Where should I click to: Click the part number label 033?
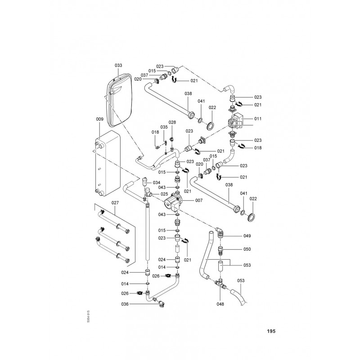click(118, 66)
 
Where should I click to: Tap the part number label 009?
click(100, 119)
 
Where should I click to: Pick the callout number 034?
click(156, 183)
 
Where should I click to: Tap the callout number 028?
click(172, 122)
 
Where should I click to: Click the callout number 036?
click(125, 304)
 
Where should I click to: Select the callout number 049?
click(247, 236)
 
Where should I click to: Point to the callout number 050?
click(247, 249)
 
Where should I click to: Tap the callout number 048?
click(220, 304)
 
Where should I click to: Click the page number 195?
click(270, 331)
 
